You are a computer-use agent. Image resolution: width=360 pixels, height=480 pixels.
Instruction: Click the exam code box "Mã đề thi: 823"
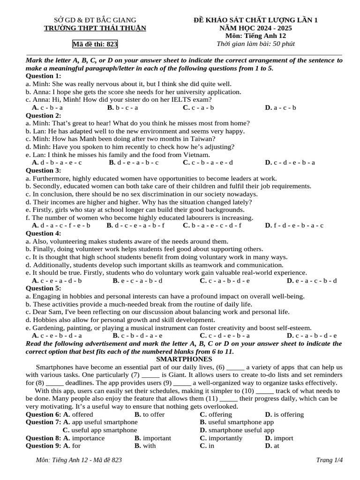click(x=95, y=45)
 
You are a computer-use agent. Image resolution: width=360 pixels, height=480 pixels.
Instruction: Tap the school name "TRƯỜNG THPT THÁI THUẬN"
click(x=95, y=28)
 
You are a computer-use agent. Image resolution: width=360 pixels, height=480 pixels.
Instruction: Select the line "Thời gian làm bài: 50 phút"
click(x=256, y=44)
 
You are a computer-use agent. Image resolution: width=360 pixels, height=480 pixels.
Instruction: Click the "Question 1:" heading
click(x=43, y=76)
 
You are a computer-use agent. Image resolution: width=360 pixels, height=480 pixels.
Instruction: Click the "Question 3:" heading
click(x=43, y=171)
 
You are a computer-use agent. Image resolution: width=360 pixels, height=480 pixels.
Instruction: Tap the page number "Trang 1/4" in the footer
click(x=330, y=460)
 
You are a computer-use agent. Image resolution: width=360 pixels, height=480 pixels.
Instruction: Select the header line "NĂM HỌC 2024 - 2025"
click(x=256, y=28)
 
